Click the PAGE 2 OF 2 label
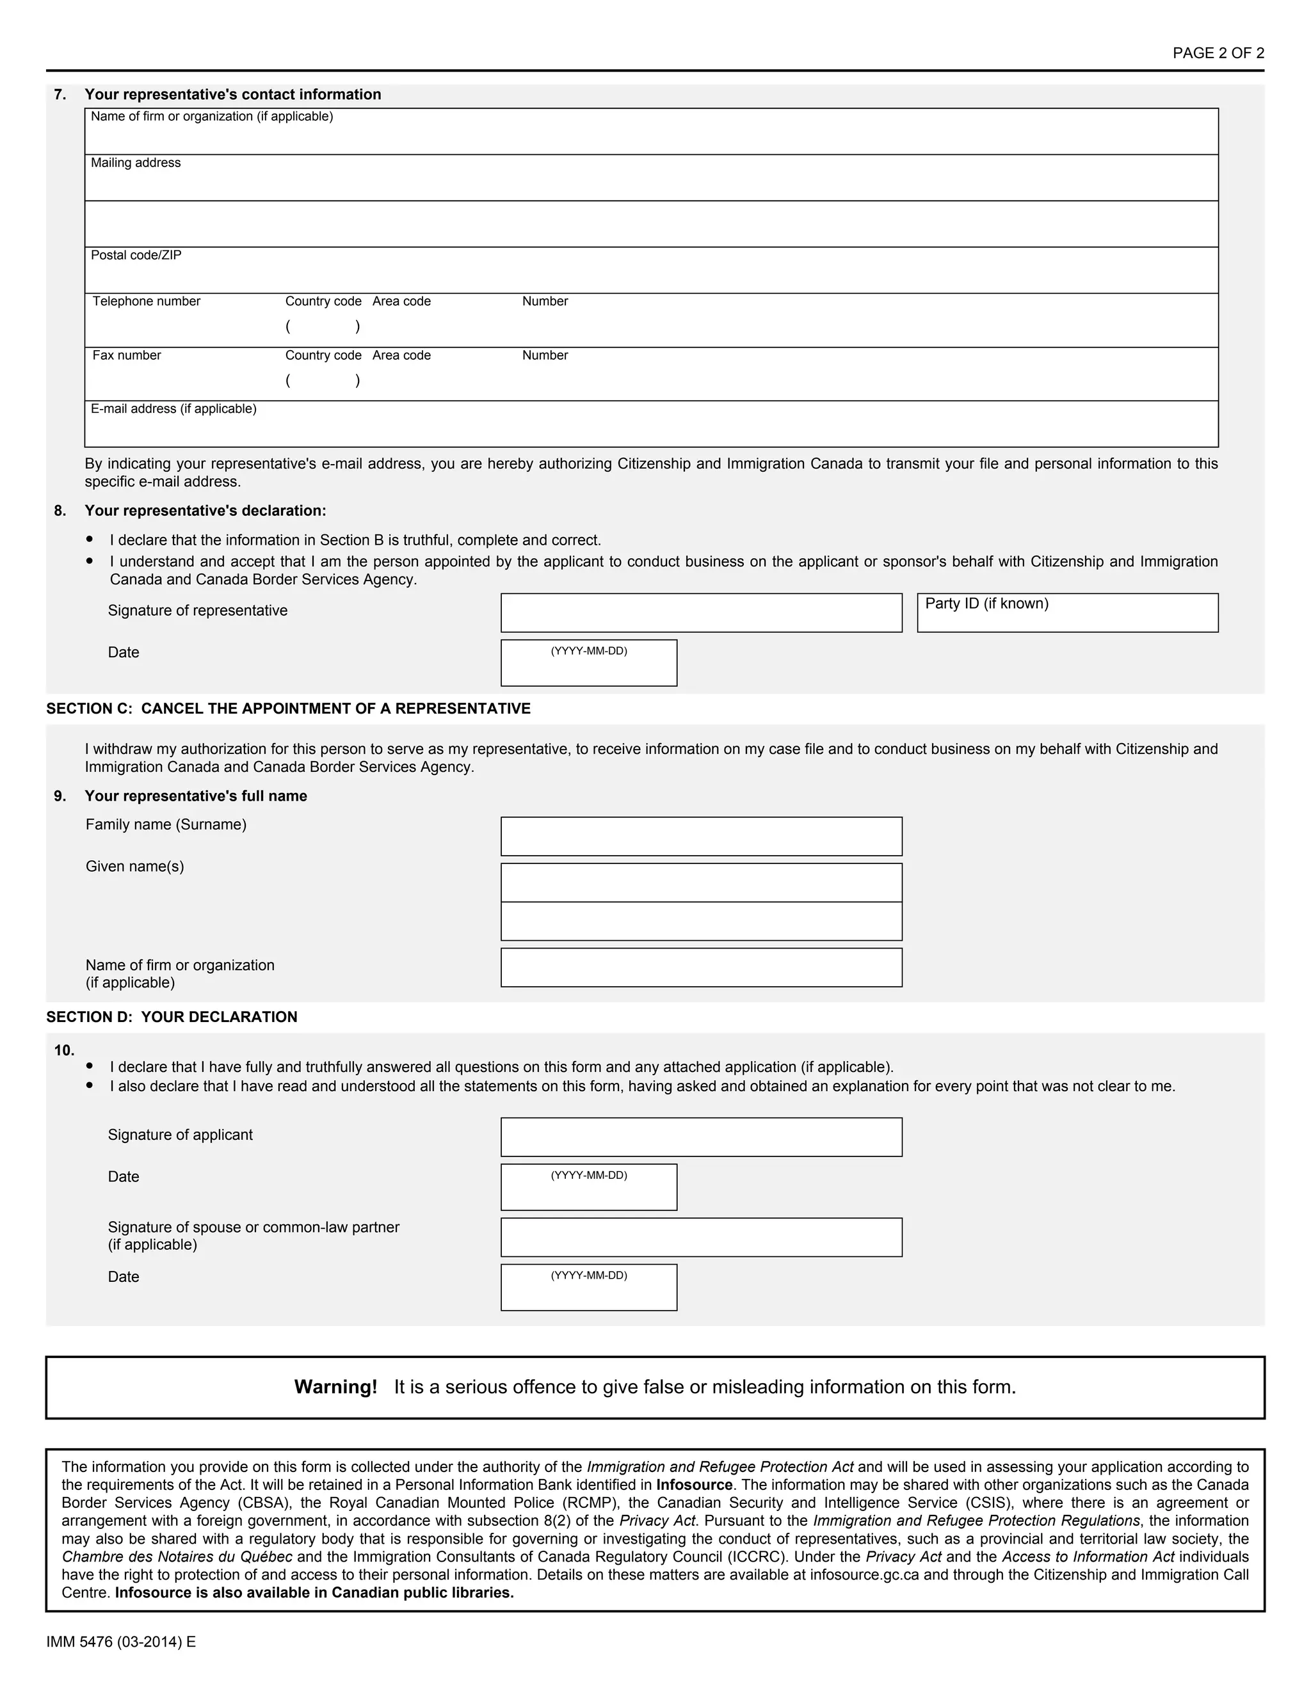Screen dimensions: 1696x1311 coord(1218,53)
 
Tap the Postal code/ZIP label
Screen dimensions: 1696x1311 coord(136,255)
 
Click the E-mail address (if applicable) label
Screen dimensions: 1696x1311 coord(173,409)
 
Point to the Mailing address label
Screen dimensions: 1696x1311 coord(135,163)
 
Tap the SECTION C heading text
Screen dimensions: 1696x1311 coord(288,708)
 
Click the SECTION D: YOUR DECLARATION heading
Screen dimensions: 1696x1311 coord(172,1018)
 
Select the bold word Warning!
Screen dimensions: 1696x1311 coord(335,1387)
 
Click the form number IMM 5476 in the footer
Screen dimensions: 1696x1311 coord(120,1642)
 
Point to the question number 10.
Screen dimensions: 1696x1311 coord(63,1051)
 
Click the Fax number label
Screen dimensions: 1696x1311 coord(127,356)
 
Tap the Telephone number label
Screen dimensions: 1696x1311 coord(146,301)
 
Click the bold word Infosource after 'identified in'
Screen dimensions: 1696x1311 coord(695,1485)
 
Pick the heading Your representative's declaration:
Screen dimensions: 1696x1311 coord(205,511)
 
